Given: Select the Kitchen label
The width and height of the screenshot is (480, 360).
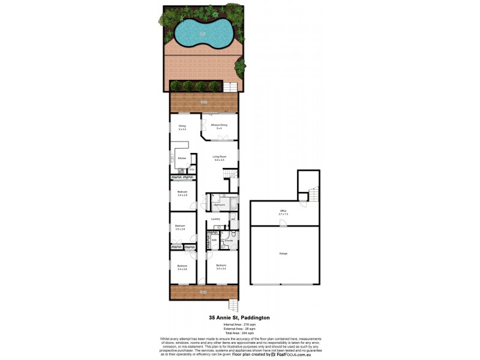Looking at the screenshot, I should pos(181,158).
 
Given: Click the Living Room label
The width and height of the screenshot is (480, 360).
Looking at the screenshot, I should pos(219,156).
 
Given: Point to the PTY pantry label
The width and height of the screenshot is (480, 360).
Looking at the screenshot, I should pos(191,170).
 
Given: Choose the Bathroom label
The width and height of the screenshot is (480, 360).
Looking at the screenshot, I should pos(220,205).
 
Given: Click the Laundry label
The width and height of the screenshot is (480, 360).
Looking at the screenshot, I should pos(216,219).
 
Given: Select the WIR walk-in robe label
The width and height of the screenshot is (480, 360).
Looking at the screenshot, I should pos(214,240).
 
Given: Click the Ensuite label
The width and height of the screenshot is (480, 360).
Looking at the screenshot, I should pos(229,241).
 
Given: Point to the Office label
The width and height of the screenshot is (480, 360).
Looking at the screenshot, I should pos(283,211).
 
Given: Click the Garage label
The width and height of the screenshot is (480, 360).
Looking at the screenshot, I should pos(283,253).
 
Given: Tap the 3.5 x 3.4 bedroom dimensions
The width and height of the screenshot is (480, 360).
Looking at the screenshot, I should pos(221,269).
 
